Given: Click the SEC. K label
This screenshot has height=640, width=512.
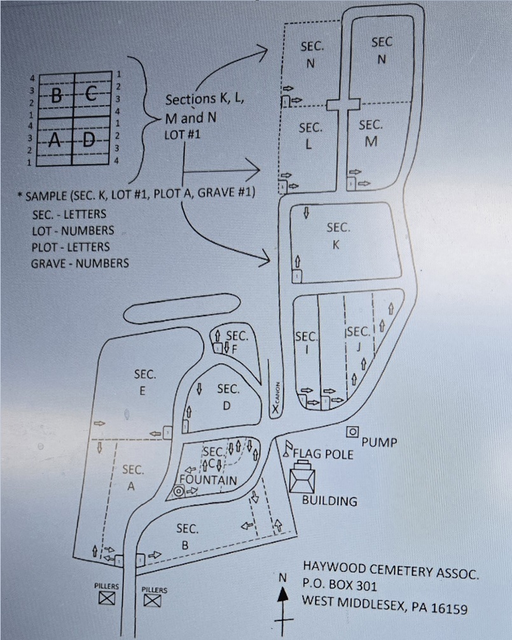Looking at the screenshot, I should pyautogui.click(x=337, y=235).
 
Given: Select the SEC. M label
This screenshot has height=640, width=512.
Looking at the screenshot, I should pyautogui.click(x=371, y=133).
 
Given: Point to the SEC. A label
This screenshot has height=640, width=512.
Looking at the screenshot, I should pyautogui.click(x=132, y=478).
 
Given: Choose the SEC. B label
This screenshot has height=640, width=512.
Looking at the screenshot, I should pyautogui.click(x=187, y=535).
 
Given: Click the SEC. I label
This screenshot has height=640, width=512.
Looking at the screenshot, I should pyautogui.click(x=306, y=342).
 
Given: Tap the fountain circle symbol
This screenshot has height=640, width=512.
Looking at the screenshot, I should pyautogui.click(x=179, y=491).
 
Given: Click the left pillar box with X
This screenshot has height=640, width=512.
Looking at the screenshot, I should pyautogui.click(x=106, y=598).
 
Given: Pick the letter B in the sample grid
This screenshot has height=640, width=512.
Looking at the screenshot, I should pyautogui.click(x=57, y=97).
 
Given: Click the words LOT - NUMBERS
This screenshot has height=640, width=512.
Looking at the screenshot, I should pyautogui.click(x=73, y=230).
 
